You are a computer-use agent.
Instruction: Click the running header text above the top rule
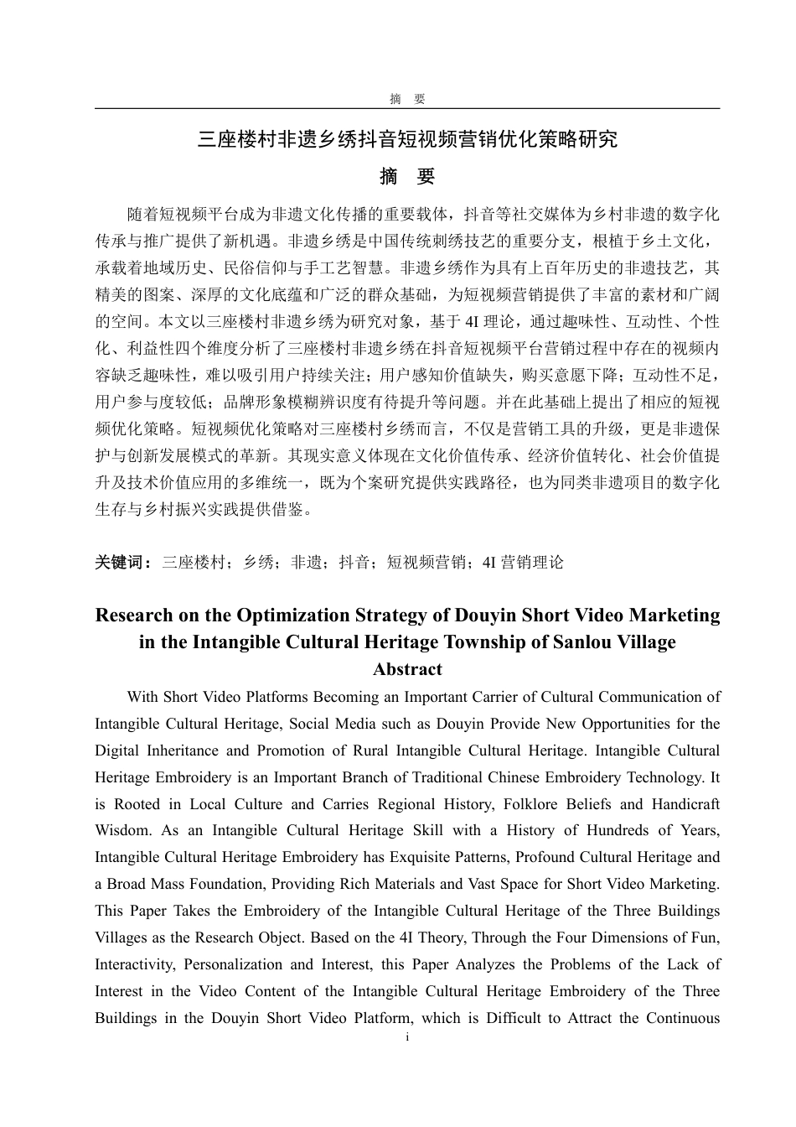click(x=407, y=99)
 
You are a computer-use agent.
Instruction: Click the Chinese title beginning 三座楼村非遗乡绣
click(x=407, y=139)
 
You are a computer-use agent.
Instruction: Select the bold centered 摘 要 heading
click(x=407, y=177)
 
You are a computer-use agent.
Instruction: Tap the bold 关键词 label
click(x=122, y=563)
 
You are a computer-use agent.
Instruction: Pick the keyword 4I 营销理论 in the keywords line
click(x=524, y=563)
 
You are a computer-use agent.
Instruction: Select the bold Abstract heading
click(x=407, y=669)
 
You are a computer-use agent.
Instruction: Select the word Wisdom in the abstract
click(x=122, y=831)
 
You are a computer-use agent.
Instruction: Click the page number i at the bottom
click(x=407, y=1038)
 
